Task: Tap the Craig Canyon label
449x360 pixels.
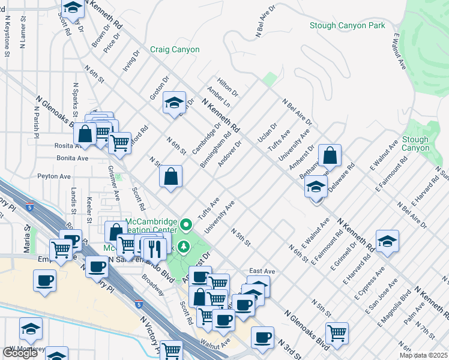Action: point(175,50)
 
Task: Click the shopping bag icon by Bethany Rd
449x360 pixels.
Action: point(330,155)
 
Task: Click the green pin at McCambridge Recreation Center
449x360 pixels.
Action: point(186,226)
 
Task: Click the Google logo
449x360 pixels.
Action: point(20,353)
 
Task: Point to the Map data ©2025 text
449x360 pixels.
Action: point(423,355)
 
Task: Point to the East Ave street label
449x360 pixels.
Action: point(262,271)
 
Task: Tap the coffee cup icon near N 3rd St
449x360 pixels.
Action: point(262,337)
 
